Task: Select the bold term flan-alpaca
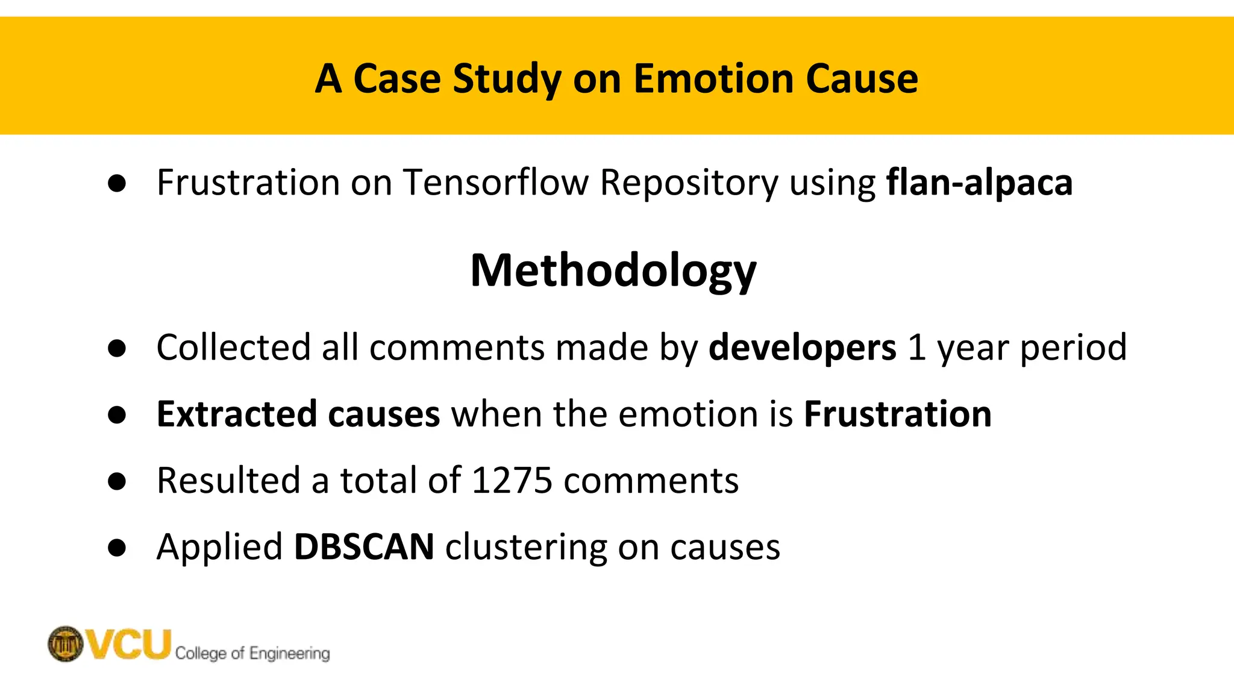pyautogui.click(x=979, y=182)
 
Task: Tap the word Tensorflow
pyautogui.click(x=496, y=182)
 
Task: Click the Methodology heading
pyautogui.click(x=613, y=271)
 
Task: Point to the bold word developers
pyautogui.click(x=802, y=348)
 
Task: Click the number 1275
pyautogui.click(x=512, y=481)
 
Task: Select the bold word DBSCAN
pyautogui.click(x=364, y=547)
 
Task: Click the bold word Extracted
pyautogui.click(x=236, y=414)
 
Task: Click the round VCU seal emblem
pyautogui.click(x=66, y=643)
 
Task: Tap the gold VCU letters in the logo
pyautogui.click(x=129, y=643)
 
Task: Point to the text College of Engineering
pyautogui.click(x=252, y=653)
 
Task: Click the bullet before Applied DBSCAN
pyautogui.click(x=117, y=548)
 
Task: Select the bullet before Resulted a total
pyautogui.click(x=117, y=481)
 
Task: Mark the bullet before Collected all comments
pyautogui.click(x=117, y=348)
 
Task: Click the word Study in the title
pyautogui.click(x=507, y=79)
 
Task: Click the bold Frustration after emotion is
pyautogui.click(x=898, y=414)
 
